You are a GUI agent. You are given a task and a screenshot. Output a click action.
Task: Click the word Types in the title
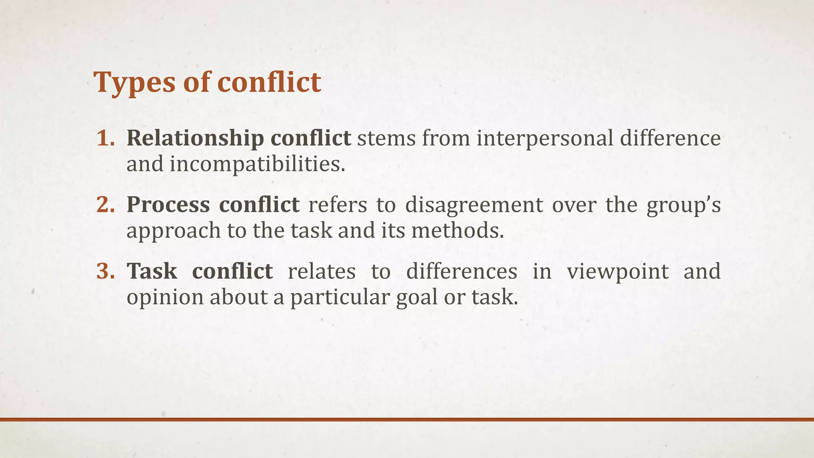[x=134, y=83]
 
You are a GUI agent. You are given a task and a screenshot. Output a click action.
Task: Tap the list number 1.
[x=106, y=138]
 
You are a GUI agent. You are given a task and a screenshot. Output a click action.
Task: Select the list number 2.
[x=106, y=205]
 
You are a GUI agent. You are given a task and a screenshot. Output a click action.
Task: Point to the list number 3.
[x=106, y=271]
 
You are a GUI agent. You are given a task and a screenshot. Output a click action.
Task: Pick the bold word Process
[x=168, y=205]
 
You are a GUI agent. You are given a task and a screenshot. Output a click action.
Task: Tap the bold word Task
[x=152, y=271]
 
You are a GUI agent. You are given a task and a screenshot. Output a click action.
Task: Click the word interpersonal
[x=545, y=138]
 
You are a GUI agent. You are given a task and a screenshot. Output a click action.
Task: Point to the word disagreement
[x=474, y=205]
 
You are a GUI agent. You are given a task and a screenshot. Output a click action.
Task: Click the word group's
[x=683, y=206]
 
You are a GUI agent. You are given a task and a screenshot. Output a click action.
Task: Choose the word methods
[x=457, y=230]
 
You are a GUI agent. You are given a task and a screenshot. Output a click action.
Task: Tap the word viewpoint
[x=618, y=272]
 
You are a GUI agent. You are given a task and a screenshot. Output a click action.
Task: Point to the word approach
[x=173, y=231]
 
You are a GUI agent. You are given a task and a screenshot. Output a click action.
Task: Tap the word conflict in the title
[x=269, y=83]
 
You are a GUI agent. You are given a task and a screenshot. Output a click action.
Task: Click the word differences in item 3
[x=461, y=271]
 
